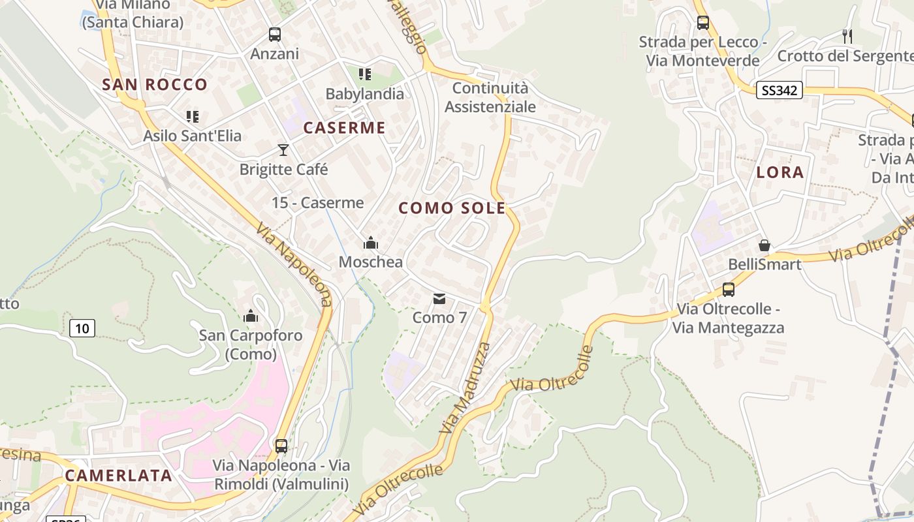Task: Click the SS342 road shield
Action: pyautogui.click(x=780, y=91)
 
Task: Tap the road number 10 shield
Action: pyautogui.click(x=82, y=328)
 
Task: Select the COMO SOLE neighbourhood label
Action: pyautogui.click(x=452, y=208)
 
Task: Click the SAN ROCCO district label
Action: pyautogui.click(x=155, y=84)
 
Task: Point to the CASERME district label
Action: pyautogui.click(x=344, y=128)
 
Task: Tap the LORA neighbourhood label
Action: pyautogui.click(x=780, y=173)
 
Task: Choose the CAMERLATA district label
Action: pyautogui.click(x=118, y=475)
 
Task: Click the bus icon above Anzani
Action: pyautogui.click(x=274, y=35)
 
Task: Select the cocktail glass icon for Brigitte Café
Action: pyautogui.click(x=283, y=150)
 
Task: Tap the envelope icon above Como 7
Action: pyautogui.click(x=439, y=299)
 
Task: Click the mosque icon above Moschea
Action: pyautogui.click(x=371, y=243)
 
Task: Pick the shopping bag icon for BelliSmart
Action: pyautogui.click(x=764, y=246)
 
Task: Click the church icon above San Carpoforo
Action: pyautogui.click(x=250, y=316)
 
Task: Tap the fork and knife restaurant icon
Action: pyautogui.click(x=847, y=36)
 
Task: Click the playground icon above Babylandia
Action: pyautogui.click(x=364, y=74)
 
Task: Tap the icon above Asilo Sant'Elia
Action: pyautogui.click(x=192, y=117)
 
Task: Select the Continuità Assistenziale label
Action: pyautogui.click(x=490, y=97)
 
